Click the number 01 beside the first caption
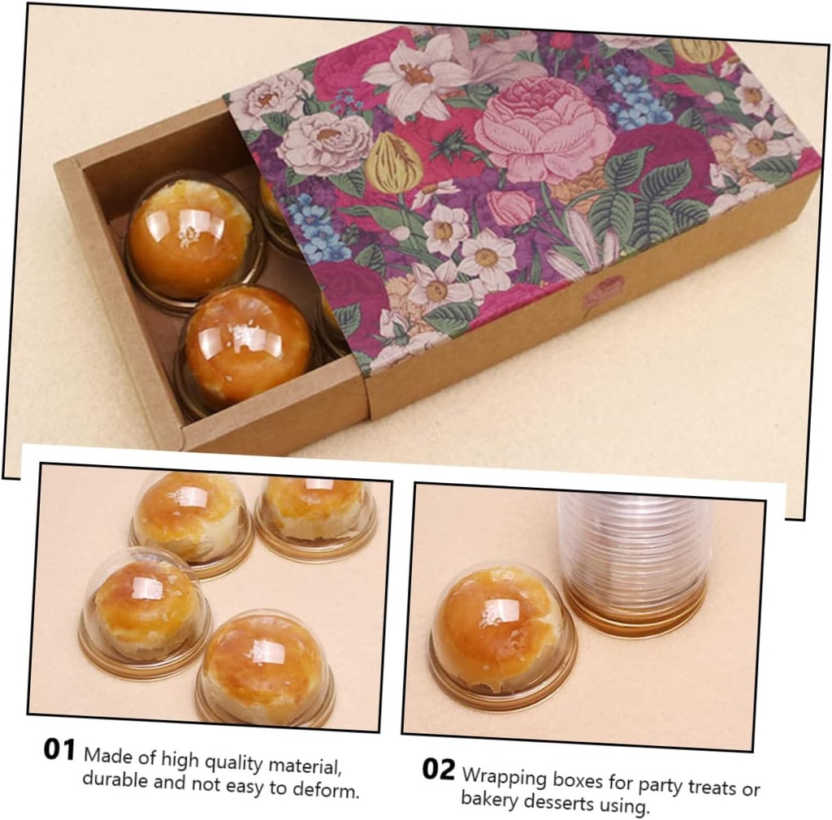click(59, 749)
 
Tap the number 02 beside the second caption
click(438, 769)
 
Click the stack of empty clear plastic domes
click(635, 560)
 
